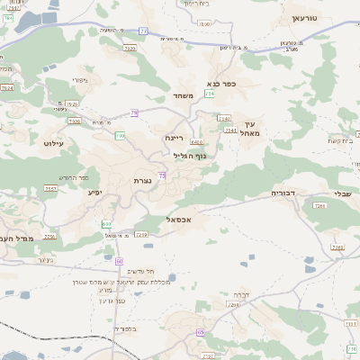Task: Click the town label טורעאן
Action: [306, 18]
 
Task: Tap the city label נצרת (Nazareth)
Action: [141, 180]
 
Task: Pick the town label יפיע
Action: [94, 191]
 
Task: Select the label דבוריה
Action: [283, 192]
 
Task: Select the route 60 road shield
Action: [119, 260]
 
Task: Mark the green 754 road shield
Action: [210, 93]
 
